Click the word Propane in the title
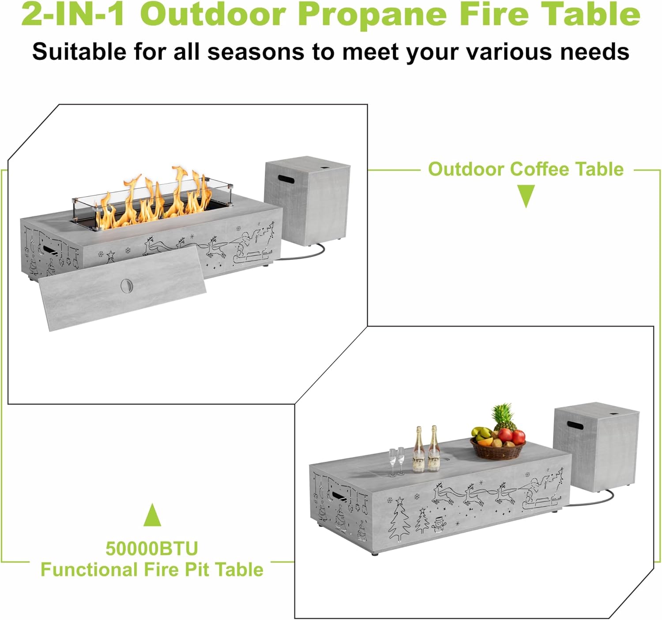(373, 15)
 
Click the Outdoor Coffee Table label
(526, 169)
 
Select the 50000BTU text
(152, 549)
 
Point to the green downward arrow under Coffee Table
(526, 196)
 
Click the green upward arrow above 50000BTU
(152, 515)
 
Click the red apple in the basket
(518, 437)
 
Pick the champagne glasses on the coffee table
(396, 461)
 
